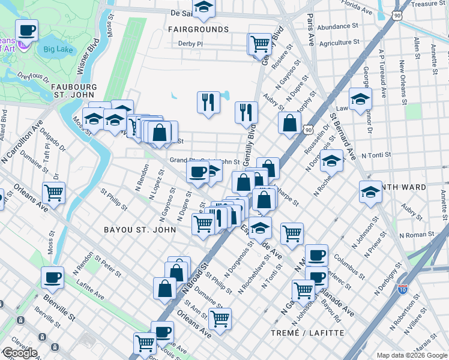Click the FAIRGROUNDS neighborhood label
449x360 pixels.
198,29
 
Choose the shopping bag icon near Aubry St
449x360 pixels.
289,123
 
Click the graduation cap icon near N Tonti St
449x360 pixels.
331,160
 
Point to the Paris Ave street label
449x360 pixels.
310,30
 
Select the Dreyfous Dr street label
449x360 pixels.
34,77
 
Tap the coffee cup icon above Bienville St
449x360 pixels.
52,277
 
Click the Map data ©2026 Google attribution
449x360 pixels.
412,355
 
